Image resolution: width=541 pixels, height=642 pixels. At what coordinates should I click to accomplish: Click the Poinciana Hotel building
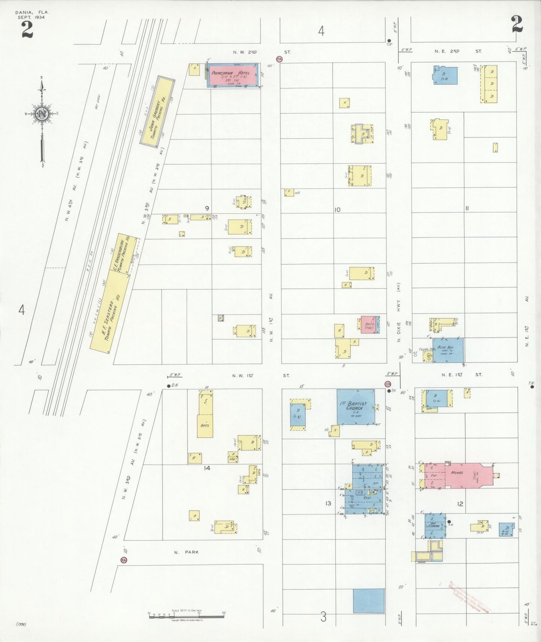click(232, 75)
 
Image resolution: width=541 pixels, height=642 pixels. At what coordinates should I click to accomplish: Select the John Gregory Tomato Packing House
click(158, 111)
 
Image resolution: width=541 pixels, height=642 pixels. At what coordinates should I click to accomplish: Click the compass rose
click(42, 114)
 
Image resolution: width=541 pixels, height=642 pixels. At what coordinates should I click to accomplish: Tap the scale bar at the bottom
click(186, 615)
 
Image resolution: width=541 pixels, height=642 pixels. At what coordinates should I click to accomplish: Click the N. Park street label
click(186, 552)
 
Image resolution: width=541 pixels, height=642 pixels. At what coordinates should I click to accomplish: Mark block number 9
click(207, 208)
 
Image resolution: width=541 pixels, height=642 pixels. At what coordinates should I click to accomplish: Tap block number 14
click(207, 468)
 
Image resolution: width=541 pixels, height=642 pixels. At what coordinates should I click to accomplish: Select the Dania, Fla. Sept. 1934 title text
click(33, 15)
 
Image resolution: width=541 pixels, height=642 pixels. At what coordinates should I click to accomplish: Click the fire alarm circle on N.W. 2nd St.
click(279, 59)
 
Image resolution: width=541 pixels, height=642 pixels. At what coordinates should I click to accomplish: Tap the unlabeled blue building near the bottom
click(368, 601)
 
